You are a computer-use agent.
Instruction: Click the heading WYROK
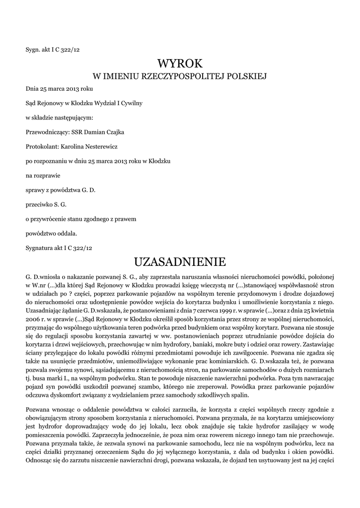tap(180, 63)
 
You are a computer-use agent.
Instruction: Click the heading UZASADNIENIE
tap(180, 261)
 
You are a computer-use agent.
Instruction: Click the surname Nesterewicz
tap(100, 147)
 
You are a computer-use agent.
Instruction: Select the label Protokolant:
tap(42, 147)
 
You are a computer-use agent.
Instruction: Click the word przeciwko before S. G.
tap(39, 204)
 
